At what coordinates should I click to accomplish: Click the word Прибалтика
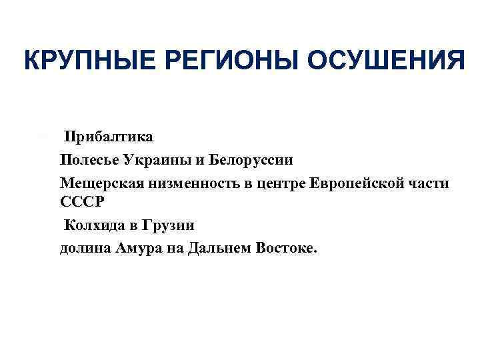pos(109,137)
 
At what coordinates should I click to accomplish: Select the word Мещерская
pos(95,183)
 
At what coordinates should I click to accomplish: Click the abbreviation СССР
pos(79,201)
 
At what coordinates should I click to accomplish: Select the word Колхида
pos(94,224)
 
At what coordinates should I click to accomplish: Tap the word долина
pos(83,247)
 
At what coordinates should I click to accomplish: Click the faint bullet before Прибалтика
pos(45,137)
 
